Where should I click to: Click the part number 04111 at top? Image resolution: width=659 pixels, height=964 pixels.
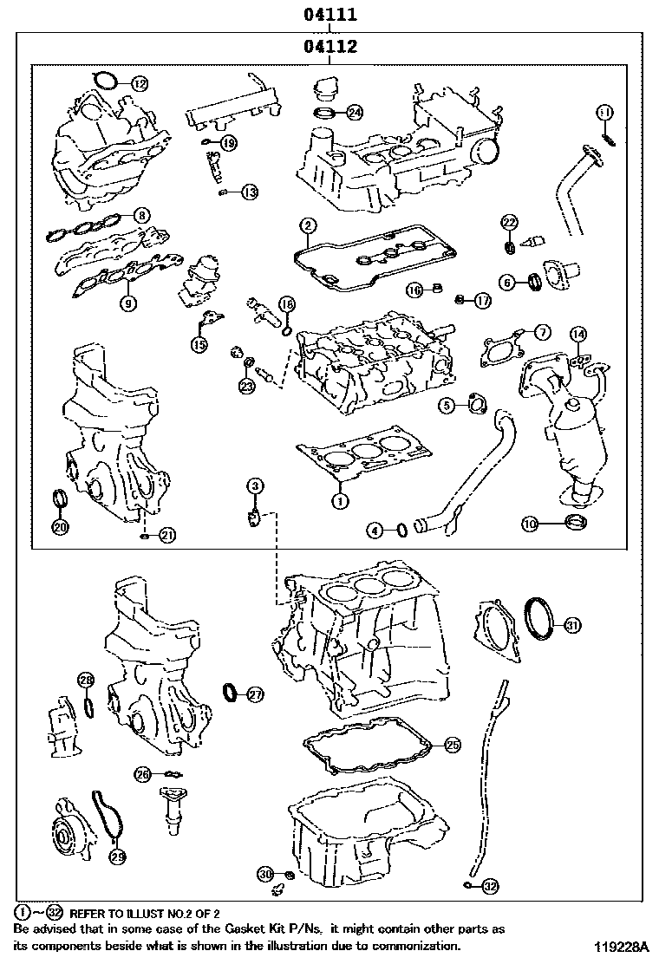point(329,16)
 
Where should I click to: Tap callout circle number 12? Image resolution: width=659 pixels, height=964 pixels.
point(140,84)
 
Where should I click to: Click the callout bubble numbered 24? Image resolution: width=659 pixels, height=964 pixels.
point(354,113)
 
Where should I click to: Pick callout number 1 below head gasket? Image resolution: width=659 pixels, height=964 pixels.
point(340,500)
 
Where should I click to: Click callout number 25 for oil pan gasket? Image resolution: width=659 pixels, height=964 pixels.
point(452,744)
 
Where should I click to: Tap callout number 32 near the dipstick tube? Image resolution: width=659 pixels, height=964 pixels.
point(491,885)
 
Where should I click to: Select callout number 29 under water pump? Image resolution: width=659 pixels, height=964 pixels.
point(117,857)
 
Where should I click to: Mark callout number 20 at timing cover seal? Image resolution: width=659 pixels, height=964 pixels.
point(59,526)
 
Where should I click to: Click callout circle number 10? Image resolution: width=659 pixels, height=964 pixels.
point(530,523)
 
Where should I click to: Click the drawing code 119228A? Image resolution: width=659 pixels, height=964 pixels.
point(622,947)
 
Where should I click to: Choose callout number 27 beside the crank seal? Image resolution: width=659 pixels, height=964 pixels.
point(254,694)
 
